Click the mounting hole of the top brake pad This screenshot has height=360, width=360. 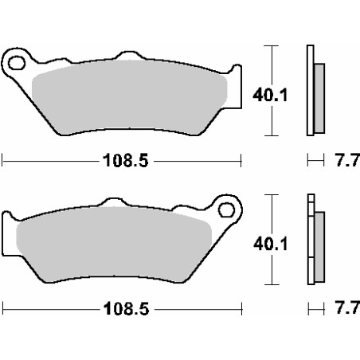[x=17, y=63]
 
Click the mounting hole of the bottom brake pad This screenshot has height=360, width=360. [x=226, y=209]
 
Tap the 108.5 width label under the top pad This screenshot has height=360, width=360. [x=126, y=160]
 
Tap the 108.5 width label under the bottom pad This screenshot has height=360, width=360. [x=126, y=309]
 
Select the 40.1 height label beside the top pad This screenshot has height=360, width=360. [x=270, y=95]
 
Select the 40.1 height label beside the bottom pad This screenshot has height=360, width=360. [x=271, y=244]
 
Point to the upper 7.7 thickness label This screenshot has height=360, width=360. [x=347, y=160]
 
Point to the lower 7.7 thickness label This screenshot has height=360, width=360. [x=347, y=307]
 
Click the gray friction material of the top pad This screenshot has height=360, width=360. [x=129, y=97]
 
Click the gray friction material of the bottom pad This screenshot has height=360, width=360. [x=114, y=245]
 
